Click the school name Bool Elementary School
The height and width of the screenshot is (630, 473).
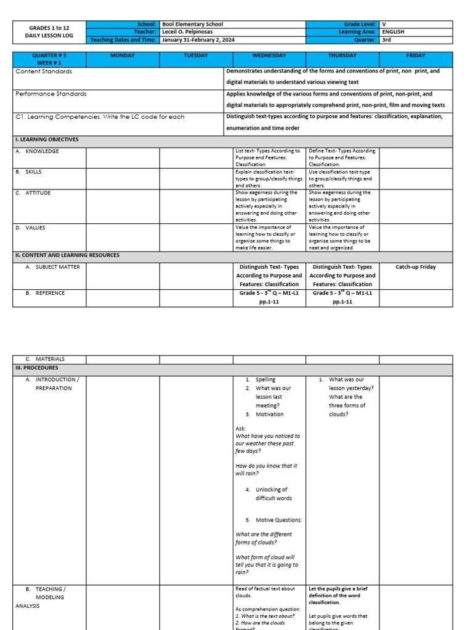click(x=192, y=24)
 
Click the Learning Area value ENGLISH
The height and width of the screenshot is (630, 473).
click(x=393, y=32)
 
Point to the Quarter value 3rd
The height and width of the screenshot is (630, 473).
click(x=387, y=40)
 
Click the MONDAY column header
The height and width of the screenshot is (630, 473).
click(x=122, y=56)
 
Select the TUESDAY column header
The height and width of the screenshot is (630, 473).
click(x=196, y=56)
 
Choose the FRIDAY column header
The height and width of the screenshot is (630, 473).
click(x=416, y=56)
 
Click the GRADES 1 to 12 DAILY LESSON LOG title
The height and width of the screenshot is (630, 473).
click(x=49, y=32)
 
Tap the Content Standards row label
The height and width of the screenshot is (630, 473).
click(x=44, y=71)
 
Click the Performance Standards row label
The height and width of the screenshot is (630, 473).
click(x=51, y=94)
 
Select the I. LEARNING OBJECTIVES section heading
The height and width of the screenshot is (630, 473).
click(x=47, y=140)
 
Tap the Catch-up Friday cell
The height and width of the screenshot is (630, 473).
click(x=416, y=267)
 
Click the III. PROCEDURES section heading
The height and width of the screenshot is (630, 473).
click(x=38, y=368)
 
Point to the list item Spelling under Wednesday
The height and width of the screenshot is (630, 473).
click(x=266, y=380)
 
